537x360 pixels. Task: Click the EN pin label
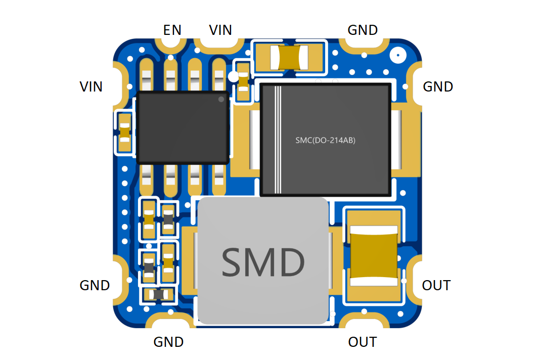coord(172,30)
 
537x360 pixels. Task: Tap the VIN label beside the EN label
coord(220,30)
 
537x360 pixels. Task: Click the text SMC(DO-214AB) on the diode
coord(325,140)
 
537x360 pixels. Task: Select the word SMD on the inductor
coord(263,262)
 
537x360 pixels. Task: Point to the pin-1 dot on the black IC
coord(221,99)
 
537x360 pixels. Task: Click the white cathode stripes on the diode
coord(278,140)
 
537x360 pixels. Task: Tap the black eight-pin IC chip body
coord(183,127)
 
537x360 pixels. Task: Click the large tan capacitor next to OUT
coord(374,255)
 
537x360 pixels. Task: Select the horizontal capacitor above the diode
coord(290,58)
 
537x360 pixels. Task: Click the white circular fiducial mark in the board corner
coord(397,55)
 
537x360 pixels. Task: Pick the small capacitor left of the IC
coord(125,132)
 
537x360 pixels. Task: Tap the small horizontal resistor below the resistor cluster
coord(159,294)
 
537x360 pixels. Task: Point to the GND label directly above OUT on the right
coord(438,87)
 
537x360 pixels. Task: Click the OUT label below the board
coord(363,342)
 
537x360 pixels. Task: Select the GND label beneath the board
coord(168,342)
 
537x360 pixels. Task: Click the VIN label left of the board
coord(91,87)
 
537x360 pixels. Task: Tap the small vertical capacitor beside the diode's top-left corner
coord(243,81)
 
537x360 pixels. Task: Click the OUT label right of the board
coord(436,285)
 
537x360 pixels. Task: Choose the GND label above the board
coord(363,30)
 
